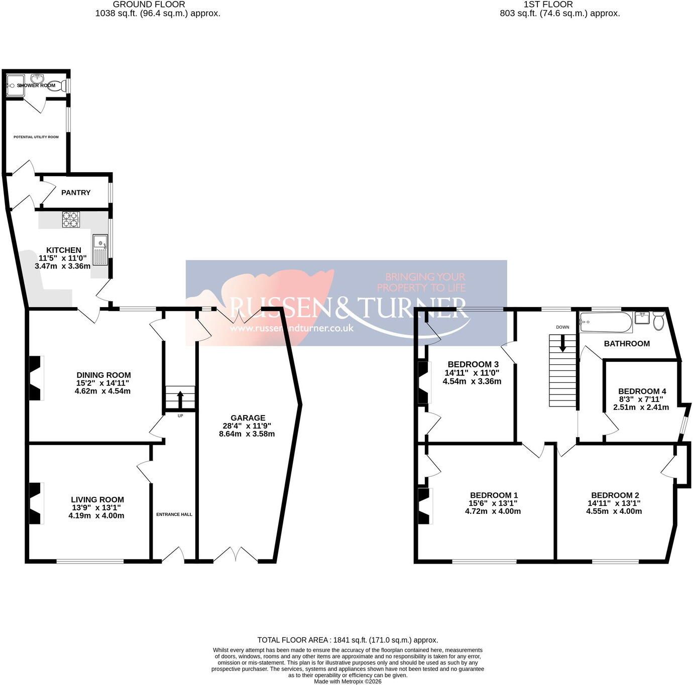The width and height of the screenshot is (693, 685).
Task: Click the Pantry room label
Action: click(x=75, y=193)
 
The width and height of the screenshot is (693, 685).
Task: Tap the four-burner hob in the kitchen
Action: click(x=71, y=220)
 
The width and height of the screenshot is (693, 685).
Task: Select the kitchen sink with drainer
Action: click(x=100, y=250)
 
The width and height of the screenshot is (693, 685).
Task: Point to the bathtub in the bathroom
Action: click(x=606, y=322)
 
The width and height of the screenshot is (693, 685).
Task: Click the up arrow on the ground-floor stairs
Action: click(x=180, y=399)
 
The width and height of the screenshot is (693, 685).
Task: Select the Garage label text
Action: click(x=248, y=418)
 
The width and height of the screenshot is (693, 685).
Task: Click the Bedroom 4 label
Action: click(x=642, y=391)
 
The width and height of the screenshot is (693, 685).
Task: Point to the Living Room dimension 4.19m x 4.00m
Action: click(x=96, y=516)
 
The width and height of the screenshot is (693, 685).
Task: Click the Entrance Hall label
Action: click(x=174, y=514)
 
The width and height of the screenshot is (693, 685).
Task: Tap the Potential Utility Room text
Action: click(x=36, y=137)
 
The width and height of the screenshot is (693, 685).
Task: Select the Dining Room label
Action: click(x=103, y=375)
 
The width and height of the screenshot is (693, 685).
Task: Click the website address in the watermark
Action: click(x=292, y=328)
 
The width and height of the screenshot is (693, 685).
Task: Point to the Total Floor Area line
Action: click(x=348, y=640)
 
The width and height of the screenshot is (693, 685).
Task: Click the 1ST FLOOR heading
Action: click(x=548, y=5)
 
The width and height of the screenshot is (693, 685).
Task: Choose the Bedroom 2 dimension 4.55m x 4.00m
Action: click(x=614, y=511)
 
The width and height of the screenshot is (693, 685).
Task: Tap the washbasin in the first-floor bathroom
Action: click(x=642, y=318)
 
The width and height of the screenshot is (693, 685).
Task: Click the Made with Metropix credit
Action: click(x=348, y=681)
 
